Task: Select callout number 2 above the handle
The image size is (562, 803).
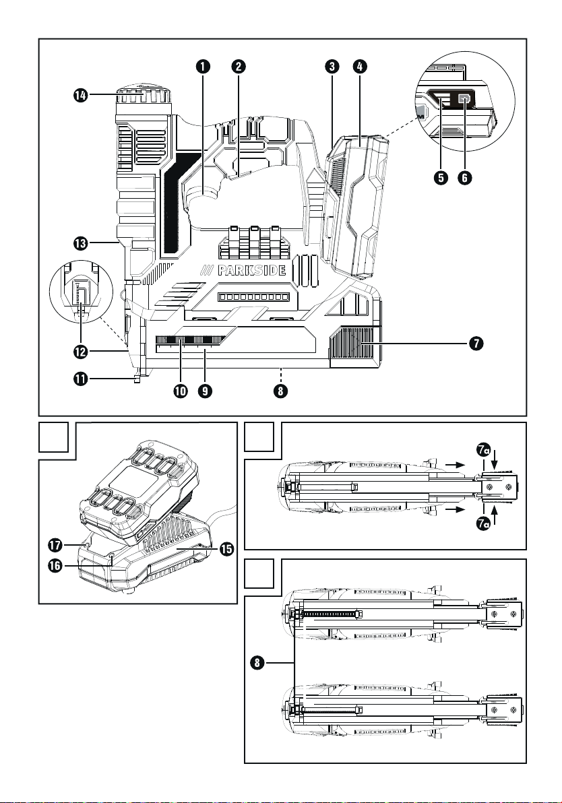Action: (x=238, y=67)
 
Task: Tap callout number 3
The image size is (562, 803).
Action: (x=332, y=67)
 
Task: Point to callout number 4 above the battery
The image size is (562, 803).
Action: (x=360, y=67)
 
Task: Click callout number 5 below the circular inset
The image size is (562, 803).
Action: (x=440, y=178)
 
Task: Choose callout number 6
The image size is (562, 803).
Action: (x=464, y=178)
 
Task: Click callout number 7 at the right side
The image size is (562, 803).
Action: (x=476, y=343)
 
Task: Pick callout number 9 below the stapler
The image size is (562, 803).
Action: (x=204, y=391)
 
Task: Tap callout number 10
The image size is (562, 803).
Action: (x=181, y=391)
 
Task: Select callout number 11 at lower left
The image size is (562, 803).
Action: (x=80, y=379)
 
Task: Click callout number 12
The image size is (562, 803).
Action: (x=80, y=352)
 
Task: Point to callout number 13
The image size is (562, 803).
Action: (x=80, y=243)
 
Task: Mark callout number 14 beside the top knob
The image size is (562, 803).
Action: (x=80, y=95)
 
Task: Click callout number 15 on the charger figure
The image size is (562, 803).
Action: (x=226, y=549)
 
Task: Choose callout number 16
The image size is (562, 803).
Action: (x=55, y=566)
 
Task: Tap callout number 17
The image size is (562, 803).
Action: (x=55, y=545)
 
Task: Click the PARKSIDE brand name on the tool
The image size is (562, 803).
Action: (x=251, y=270)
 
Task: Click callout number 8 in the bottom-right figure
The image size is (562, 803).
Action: (x=257, y=663)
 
